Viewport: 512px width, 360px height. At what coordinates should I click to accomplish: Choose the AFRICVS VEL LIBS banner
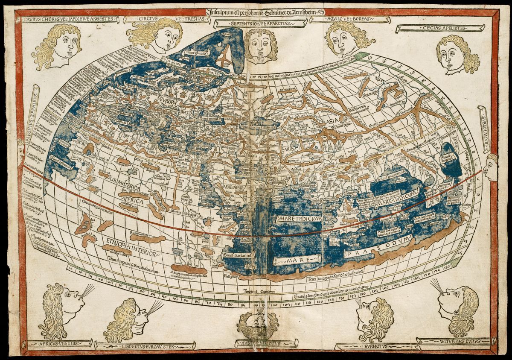pos(60,343)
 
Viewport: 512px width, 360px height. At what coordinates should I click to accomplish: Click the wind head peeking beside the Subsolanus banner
pos(492,167)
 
